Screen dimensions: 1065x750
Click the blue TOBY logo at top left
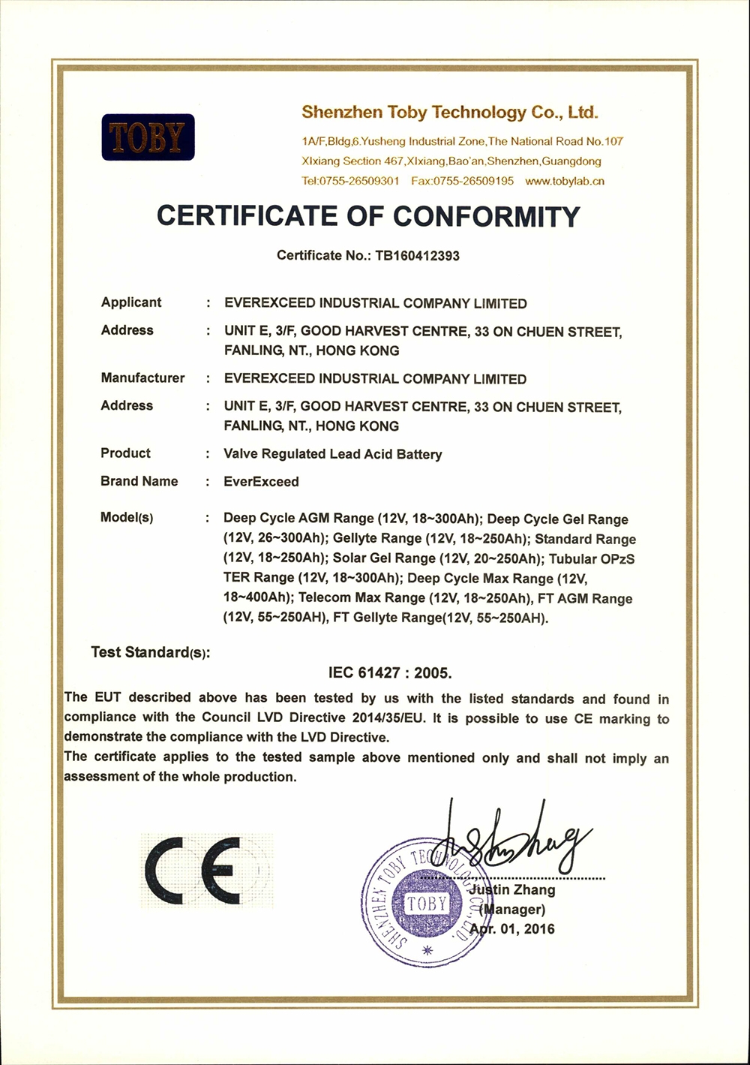(148, 137)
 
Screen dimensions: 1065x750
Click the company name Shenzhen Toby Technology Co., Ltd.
(450, 113)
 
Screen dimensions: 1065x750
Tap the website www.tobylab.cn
(565, 181)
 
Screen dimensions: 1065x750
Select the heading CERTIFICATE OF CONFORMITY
(368, 216)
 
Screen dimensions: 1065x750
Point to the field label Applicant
(131, 302)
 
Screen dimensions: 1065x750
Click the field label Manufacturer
(142, 378)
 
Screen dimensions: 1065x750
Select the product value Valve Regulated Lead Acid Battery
(333, 454)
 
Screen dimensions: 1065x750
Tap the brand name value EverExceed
(261, 482)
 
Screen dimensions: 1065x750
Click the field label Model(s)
(127, 518)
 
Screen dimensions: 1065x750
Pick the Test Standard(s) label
(150, 652)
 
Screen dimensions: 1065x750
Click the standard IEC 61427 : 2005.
(390, 672)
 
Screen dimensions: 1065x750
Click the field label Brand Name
(139, 481)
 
